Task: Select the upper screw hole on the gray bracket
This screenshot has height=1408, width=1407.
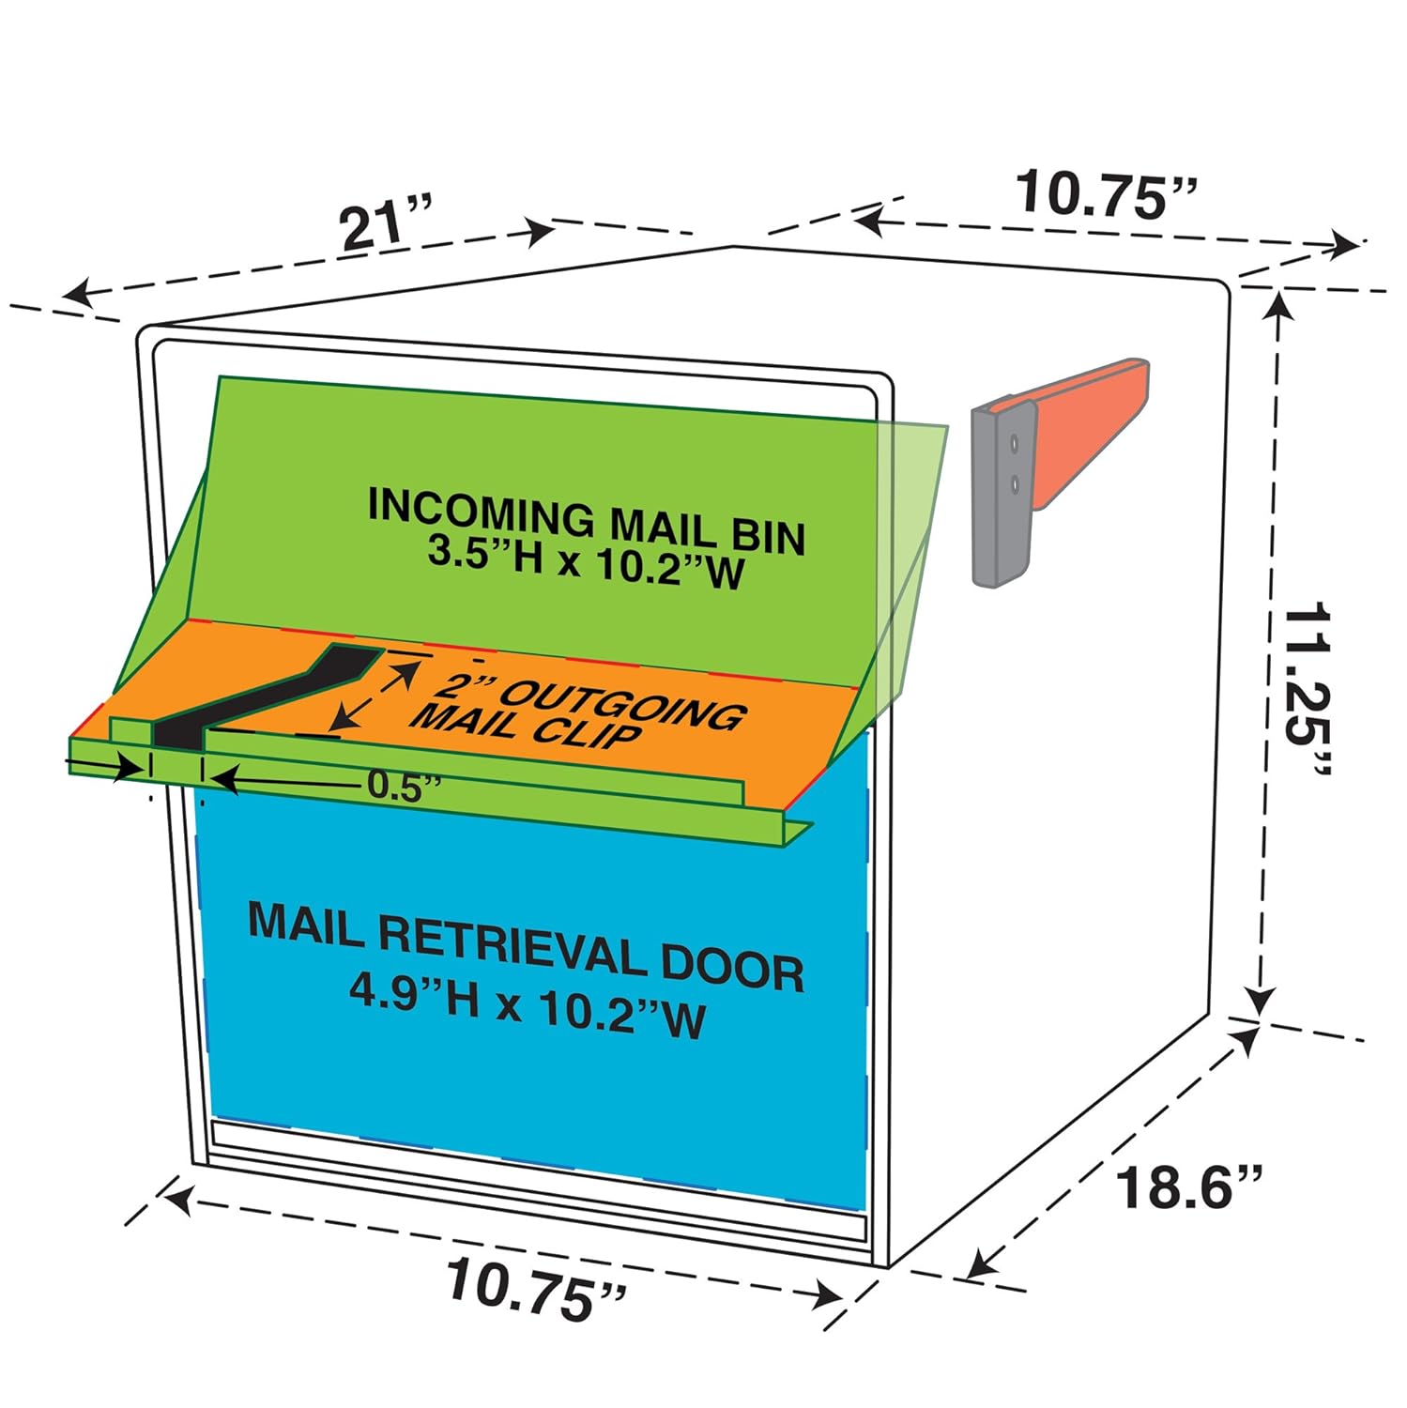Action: tap(1014, 440)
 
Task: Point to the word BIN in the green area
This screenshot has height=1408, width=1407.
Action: tap(760, 535)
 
